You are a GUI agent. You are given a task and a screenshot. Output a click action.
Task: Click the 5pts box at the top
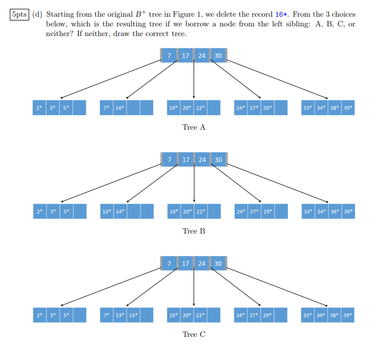[19, 15]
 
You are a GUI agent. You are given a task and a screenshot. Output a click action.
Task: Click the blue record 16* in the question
[282, 15]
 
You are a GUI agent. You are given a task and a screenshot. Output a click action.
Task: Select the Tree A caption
[194, 128]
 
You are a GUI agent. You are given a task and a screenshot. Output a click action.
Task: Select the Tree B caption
[194, 231]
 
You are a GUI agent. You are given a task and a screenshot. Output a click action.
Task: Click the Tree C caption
[194, 335]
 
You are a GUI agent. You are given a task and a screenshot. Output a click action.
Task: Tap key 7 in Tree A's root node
[169, 55]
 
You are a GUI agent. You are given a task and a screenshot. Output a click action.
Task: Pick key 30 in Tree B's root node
[218, 160]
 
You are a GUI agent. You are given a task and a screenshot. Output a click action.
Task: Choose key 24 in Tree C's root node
[202, 264]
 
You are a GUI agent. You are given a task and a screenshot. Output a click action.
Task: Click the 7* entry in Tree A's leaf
[107, 108]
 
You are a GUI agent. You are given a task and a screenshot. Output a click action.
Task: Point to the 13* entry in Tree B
[107, 211]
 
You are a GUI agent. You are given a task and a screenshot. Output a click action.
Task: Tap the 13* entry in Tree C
[120, 315]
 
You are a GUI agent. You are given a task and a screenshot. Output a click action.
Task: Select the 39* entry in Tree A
[348, 108]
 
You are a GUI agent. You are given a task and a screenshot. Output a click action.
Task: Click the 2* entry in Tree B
[39, 211]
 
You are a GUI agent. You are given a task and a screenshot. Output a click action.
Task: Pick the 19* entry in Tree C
[173, 315]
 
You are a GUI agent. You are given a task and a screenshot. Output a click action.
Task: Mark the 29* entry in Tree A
[267, 108]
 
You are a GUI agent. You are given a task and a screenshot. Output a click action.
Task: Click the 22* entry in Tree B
[200, 211]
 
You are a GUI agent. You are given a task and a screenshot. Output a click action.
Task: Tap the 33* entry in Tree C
[307, 315]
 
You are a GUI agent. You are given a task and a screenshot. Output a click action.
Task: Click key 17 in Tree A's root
[186, 55]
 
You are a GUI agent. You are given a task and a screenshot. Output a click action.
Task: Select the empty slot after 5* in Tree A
[79, 108]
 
